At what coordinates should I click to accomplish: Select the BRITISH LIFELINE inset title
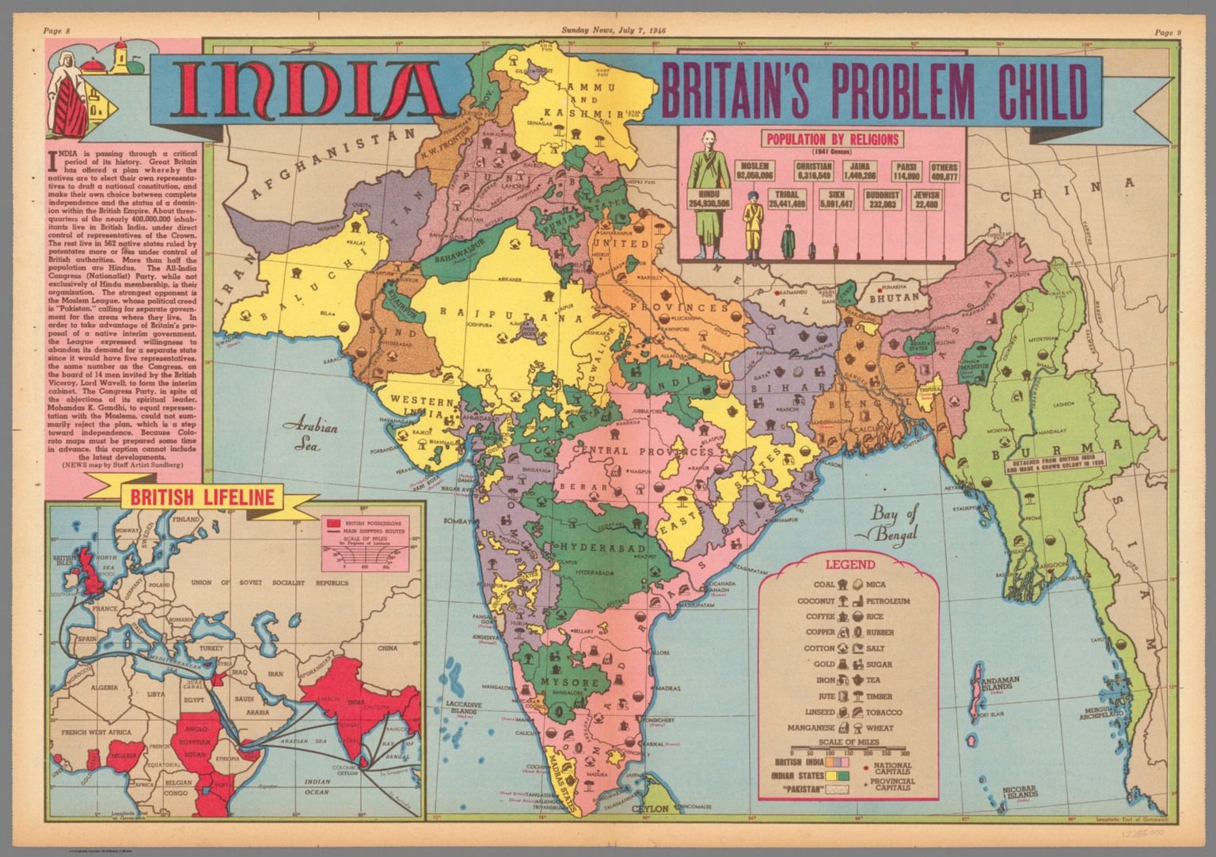click(x=202, y=497)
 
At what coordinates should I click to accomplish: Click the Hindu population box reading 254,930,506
click(x=709, y=199)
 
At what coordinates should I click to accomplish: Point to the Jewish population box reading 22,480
click(x=926, y=199)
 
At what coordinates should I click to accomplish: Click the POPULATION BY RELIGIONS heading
click(x=820, y=139)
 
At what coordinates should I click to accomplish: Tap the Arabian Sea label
click(x=315, y=435)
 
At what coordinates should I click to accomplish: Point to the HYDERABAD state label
click(x=594, y=547)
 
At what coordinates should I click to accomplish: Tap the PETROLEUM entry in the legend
click(x=887, y=600)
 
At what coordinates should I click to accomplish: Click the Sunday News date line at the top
click(x=614, y=32)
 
